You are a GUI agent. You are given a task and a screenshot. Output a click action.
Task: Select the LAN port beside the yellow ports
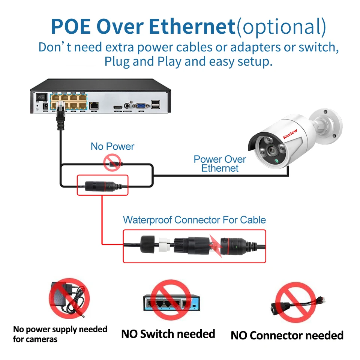tap(94, 105)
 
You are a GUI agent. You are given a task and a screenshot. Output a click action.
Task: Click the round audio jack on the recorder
tap(130, 106)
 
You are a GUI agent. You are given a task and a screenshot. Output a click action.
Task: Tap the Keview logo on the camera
tap(290, 133)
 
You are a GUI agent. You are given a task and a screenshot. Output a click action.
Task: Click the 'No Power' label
tap(112, 146)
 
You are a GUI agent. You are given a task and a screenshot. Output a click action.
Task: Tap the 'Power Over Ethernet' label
tap(220, 163)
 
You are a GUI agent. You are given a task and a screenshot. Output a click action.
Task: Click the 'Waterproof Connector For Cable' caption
tap(194, 220)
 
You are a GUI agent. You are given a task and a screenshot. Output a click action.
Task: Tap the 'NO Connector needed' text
tap(287, 335)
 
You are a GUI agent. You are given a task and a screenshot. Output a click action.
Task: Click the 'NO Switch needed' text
tap(168, 334)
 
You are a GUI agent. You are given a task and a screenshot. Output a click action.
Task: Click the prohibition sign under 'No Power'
tap(112, 164)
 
